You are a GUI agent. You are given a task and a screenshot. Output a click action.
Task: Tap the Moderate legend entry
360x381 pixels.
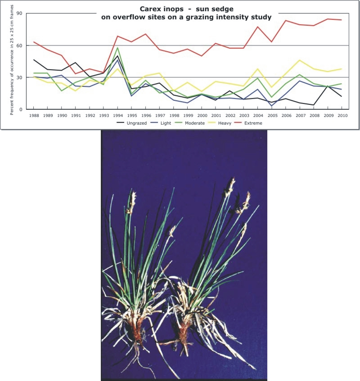click(198, 122)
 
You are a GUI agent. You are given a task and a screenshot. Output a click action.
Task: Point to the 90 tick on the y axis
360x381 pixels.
click(20, 13)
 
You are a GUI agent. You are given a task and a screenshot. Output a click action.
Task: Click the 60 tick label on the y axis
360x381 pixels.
click(20, 45)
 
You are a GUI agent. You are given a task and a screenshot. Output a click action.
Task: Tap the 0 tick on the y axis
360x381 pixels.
click(21, 109)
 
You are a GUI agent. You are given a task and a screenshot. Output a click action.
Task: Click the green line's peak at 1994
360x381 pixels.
click(118, 48)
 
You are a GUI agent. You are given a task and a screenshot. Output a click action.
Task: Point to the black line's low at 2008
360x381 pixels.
click(314, 105)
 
